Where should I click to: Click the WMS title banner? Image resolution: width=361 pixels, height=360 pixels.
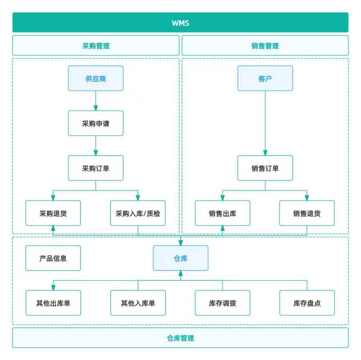[180, 22]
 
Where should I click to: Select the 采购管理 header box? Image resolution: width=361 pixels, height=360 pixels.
[96, 46]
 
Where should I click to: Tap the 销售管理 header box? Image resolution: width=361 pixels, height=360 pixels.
[265, 46]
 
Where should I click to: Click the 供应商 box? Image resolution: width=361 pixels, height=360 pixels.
[96, 78]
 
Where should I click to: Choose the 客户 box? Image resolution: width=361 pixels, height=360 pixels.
[265, 78]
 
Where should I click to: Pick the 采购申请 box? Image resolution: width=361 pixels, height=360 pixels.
[96, 123]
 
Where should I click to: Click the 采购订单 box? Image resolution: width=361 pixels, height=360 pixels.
[96, 168]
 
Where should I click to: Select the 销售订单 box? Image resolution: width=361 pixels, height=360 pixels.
[265, 168]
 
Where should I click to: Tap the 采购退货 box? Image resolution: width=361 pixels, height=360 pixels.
[53, 213]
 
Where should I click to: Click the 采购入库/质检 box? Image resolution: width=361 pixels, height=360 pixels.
[138, 213]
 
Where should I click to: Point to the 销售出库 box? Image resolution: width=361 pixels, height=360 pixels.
[222, 213]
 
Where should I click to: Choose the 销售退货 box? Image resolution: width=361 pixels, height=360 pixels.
[307, 213]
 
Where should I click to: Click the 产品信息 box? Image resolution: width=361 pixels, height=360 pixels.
[53, 258]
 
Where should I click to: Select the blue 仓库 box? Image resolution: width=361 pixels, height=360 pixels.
[180, 258]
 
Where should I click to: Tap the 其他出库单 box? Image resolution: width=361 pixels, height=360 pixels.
[53, 303]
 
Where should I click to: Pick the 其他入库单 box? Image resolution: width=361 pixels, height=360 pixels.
[138, 303]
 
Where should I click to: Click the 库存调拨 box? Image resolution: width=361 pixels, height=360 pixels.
[222, 303]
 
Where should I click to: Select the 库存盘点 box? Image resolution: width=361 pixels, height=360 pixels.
[307, 303]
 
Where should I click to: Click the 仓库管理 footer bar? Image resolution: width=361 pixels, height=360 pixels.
[180, 338]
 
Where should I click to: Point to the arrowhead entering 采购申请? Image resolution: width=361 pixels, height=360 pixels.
[96, 108]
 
